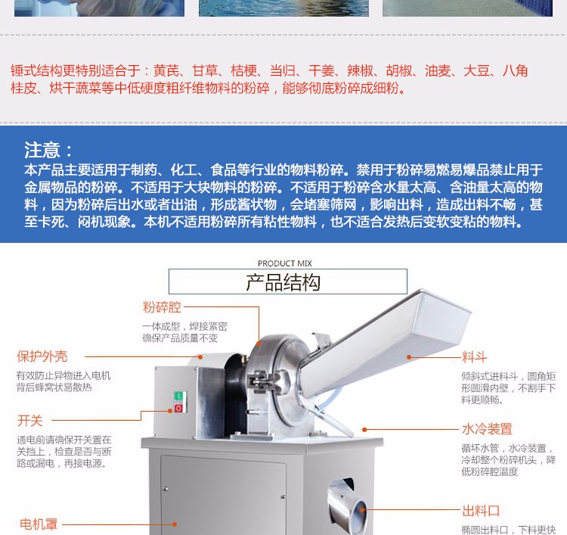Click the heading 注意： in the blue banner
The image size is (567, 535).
50,150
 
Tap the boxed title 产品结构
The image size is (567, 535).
283,282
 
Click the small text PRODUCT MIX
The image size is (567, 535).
284,263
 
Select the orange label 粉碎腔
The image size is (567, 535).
162,307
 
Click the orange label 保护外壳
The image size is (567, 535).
42,356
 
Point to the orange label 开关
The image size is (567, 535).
30,421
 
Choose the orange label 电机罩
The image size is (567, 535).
37,524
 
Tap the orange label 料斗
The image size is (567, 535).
475,357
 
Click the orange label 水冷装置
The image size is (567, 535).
487,429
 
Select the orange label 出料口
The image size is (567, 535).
481,511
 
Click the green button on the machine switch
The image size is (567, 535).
178,396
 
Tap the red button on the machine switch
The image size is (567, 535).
178,409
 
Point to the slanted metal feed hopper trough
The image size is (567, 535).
386,333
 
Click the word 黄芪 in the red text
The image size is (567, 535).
166,71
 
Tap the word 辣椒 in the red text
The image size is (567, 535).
360,71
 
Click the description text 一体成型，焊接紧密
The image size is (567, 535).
184,326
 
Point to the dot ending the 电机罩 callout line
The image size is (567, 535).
175,524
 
